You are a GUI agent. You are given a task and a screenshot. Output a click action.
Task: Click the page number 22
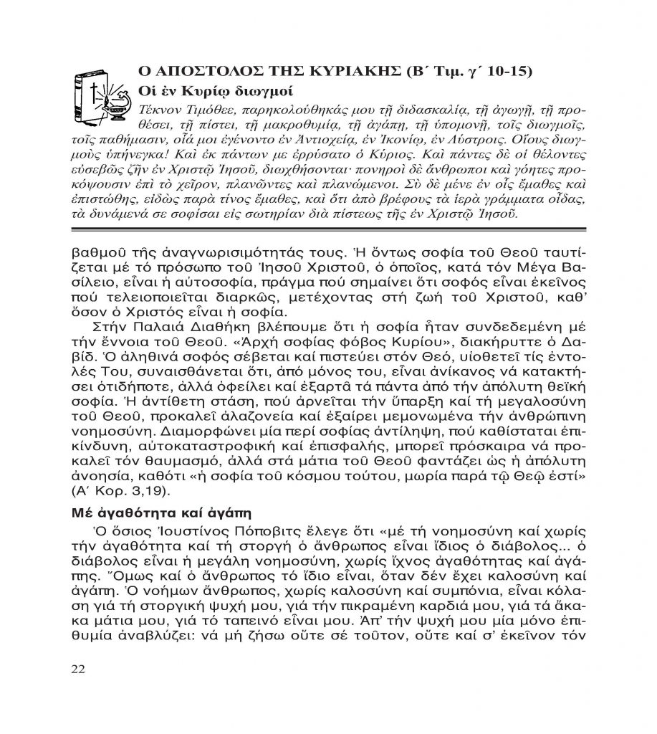[x=78, y=669]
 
